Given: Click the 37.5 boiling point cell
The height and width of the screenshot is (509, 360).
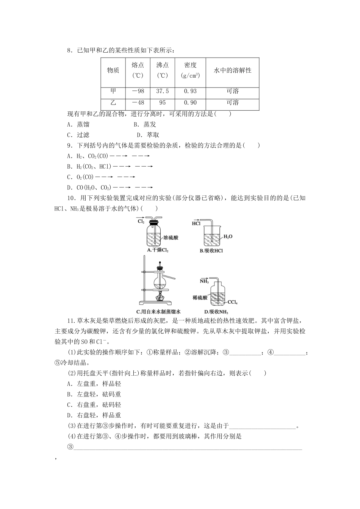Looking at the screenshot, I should point(163,91).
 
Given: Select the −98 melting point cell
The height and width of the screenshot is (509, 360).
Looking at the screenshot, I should point(138,91).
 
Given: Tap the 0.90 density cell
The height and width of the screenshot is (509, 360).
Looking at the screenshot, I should point(190,103).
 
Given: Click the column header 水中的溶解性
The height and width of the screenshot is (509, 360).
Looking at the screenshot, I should point(232,70).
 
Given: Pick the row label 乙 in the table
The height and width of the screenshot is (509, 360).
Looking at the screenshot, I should point(113,103).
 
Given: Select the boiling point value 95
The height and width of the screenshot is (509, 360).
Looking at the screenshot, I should point(163,103).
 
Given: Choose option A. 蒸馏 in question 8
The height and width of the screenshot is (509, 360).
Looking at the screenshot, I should point(78,124).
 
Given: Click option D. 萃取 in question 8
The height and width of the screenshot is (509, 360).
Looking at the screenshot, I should point(148,135).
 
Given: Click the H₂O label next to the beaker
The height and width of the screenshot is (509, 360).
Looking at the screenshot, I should point(228,237).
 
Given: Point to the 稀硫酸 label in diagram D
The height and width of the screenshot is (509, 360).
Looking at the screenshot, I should point(200,298).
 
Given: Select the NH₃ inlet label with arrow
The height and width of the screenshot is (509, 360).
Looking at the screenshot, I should point(205,281).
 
